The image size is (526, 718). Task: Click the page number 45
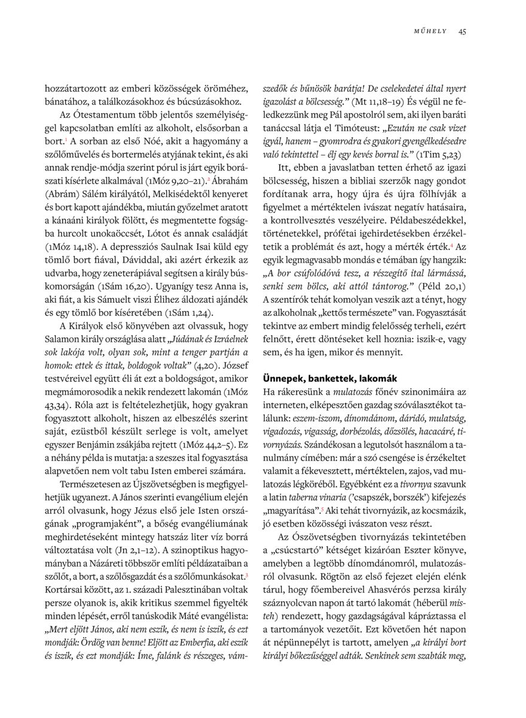click(462, 32)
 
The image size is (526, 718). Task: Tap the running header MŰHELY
click(430, 32)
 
